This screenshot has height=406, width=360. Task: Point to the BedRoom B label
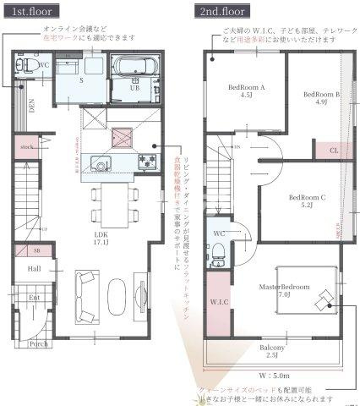coord(321,99)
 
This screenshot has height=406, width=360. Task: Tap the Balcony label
coord(271,351)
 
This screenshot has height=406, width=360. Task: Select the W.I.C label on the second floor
coord(217,300)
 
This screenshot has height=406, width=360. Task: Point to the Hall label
coord(34,268)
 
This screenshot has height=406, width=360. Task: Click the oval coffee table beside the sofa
coord(117,297)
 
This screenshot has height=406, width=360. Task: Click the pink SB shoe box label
coord(37,252)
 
